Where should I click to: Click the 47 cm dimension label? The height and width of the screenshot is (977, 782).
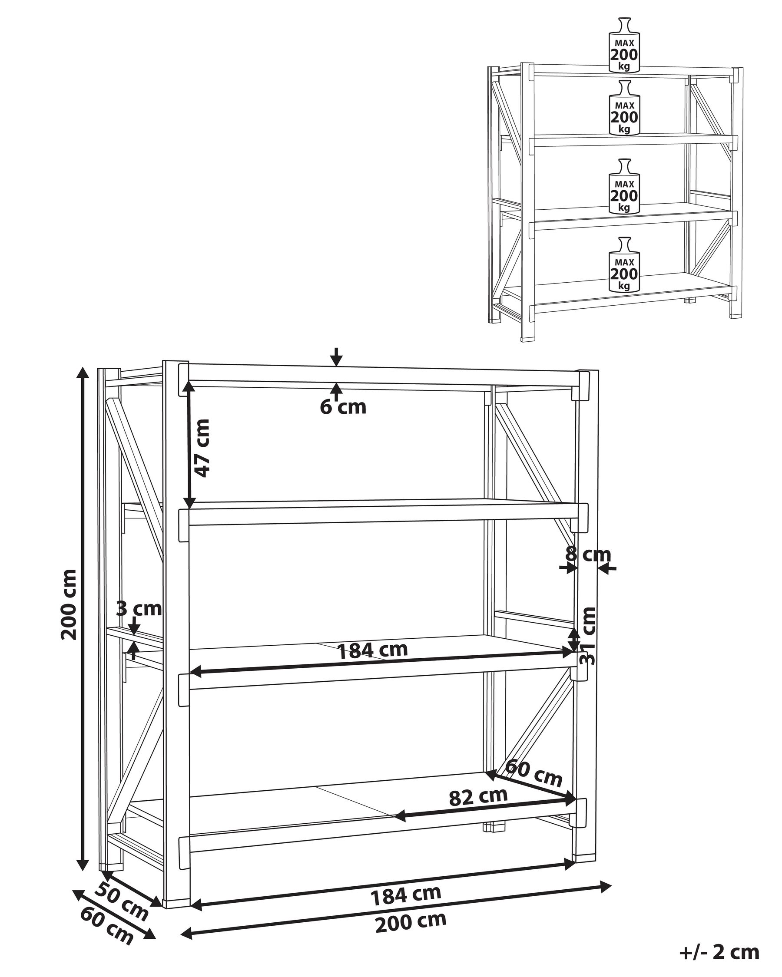(x=201, y=448)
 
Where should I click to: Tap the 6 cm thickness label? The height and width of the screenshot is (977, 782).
(x=343, y=407)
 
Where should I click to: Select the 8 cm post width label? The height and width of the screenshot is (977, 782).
(x=588, y=554)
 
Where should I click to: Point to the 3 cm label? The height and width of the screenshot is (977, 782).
(x=139, y=609)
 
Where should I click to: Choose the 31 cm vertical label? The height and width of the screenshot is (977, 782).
(x=588, y=635)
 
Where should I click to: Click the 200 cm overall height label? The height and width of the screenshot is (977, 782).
(x=69, y=604)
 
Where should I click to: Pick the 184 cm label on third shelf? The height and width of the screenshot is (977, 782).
(x=373, y=650)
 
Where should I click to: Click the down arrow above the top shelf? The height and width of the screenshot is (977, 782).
(x=336, y=356)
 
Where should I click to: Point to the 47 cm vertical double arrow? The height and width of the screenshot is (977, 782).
(x=189, y=445)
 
